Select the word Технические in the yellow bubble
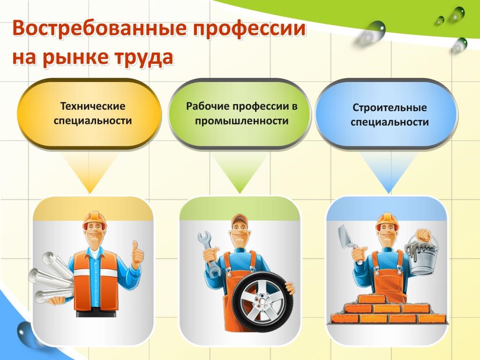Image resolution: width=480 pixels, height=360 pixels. pyautogui.click(x=93, y=106)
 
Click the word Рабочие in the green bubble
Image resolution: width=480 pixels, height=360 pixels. pyautogui.click(x=208, y=106)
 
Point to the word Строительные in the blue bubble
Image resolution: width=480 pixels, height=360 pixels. pyautogui.click(x=390, y=107)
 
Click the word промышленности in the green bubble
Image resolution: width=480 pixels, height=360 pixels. pyautogui.click(x=242, y=120)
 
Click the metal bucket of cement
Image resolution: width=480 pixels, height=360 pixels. pyautogui.click(x=422, y=255)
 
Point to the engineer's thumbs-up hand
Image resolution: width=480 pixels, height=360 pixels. pyautogui.click(x=138, y=254)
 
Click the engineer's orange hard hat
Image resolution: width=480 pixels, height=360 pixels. pyautogui.click(x=95, y=220)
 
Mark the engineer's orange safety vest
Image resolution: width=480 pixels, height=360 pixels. pyautogui.click(x=96, y=278)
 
